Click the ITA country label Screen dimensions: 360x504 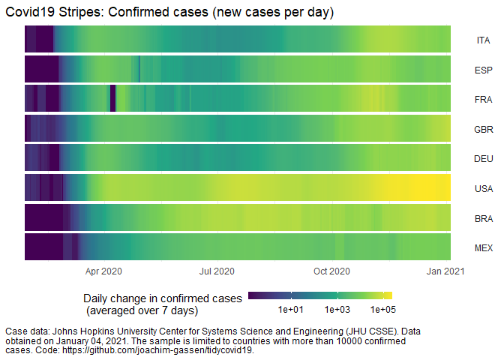click(483, 40)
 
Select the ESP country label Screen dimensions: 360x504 click(483, 70)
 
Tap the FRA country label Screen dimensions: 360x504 click(483, 100)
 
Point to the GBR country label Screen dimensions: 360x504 click(483, 129)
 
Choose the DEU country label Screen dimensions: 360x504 click(483, 159)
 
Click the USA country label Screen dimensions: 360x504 click(483, 188)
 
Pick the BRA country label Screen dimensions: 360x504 click(483, 218)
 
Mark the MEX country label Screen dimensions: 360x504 click(483, 247)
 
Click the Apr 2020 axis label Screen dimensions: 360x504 click(103, 271)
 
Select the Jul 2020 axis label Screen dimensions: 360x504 click(217, 271)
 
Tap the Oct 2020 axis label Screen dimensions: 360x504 click(331, 271)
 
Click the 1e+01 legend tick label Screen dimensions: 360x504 click(290, 309)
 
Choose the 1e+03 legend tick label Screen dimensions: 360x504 click(337, 309)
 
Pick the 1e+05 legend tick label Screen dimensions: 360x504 click(382, 309)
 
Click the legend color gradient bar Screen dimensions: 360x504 click(319, 295)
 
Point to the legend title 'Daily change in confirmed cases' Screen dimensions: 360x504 click(163, 298)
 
